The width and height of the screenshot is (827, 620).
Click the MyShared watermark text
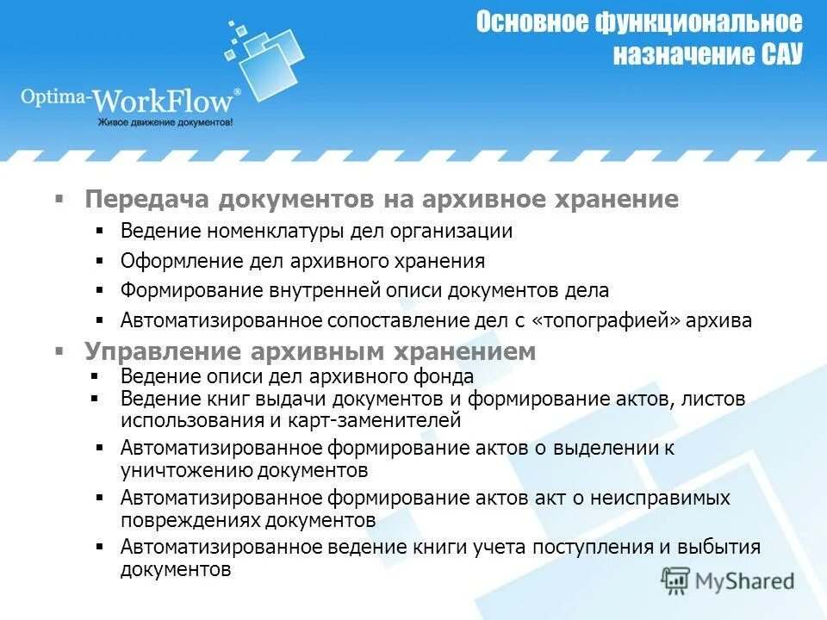click(745, 580)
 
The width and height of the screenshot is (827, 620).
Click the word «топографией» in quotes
click(607, 320)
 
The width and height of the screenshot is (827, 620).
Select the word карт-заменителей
click(376, 421)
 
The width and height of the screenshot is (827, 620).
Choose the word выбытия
click(720, 548)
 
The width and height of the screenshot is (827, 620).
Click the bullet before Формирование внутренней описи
click(101, 290)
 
